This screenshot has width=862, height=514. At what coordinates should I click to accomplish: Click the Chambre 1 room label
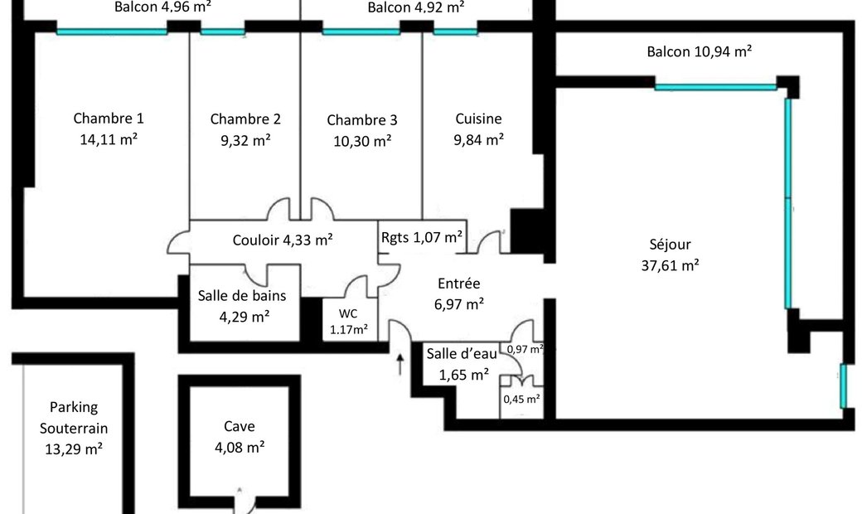(109, 119)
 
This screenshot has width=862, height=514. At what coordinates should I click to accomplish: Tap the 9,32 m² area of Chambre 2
(245, 141)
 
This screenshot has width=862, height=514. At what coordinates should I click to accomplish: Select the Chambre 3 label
(361, 120)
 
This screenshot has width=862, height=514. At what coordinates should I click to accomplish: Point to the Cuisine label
(478, 119)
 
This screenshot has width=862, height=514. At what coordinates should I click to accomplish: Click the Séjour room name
(670, 245)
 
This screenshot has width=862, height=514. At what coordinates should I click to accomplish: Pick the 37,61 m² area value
(671, 265)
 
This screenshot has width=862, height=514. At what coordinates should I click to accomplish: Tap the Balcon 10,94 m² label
(700, 51)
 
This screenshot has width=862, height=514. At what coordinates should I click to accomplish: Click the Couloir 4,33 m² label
(283, 240)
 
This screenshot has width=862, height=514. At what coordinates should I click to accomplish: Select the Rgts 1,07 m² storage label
(422, 237)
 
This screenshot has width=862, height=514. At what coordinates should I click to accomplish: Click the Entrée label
(459, 284)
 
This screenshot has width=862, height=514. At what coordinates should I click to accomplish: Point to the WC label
(348, 314)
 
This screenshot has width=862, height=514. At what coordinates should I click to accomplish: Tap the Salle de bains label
(242, 296)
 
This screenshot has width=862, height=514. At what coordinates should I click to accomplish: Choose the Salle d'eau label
(462, 353)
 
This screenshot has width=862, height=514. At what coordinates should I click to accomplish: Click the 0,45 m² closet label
(521, 399)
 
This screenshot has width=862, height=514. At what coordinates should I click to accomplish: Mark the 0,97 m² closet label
(525, 349)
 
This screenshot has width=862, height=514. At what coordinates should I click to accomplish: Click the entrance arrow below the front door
(400, 364)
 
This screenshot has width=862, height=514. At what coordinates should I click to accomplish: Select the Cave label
(240, 427)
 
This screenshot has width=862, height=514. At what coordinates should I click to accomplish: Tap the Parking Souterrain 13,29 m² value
(74, 449)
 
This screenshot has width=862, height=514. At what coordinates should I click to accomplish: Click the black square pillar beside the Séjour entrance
(527, 231)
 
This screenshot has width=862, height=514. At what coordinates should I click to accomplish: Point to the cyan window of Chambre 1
(112, 32)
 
